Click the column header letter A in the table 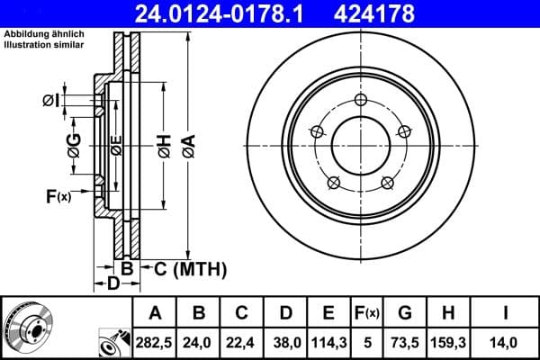(155, 313)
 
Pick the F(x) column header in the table (366, 313)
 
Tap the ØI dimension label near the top (51, 101)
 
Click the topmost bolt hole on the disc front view (360, 100)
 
